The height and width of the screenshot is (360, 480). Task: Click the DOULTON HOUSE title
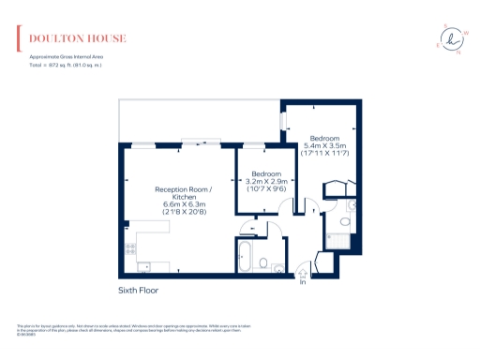click(78, 39)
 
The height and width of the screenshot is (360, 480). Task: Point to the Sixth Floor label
click(138, 291)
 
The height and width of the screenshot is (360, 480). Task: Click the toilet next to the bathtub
click(265, 263)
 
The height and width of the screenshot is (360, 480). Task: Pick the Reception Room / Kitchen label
click(183, 193)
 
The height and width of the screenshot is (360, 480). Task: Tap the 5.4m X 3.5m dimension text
click(325, 145)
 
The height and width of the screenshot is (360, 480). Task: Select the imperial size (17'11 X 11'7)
click(325, 153)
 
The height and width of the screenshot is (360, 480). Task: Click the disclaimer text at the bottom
click(131, 328)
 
